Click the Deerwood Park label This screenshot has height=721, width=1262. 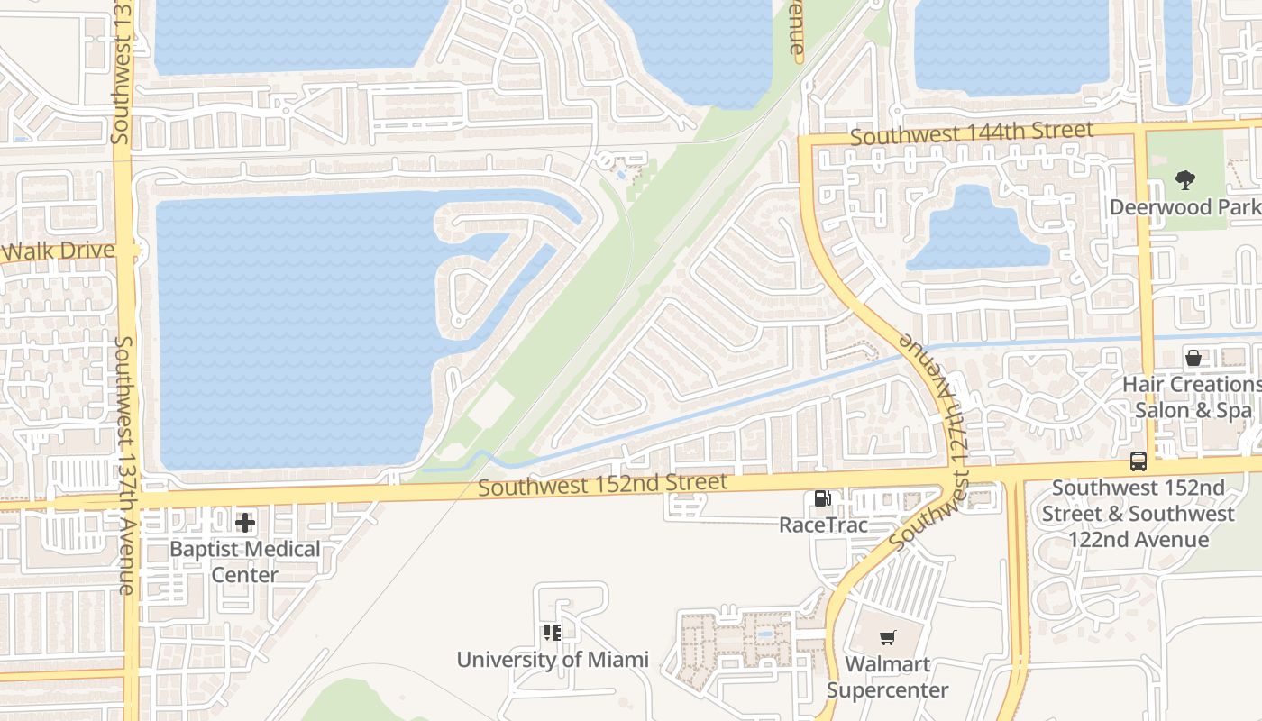[x=1184, y=206]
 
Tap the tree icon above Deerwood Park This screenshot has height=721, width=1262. [x=1184, y=181]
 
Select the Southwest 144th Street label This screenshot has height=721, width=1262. [x=972, y=133]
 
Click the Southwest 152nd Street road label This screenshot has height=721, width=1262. [x=602, y=484]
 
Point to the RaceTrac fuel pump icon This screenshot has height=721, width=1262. [x=822, y=498]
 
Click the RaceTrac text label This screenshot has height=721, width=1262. [x=823, y=525]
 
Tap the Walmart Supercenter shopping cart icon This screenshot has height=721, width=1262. [x=887, y=638]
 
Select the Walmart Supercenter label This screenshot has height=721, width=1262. [x=887, y=678]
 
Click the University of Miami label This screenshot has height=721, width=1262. [x=552, y=660]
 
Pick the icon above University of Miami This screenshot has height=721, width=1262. [x=552, y=633]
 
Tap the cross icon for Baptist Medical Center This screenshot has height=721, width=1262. [x=244, y=523]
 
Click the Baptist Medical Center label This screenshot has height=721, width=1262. [x=244, y=561]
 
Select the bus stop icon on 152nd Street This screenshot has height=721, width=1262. [x=1139, y=461]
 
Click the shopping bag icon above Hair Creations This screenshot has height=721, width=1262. [x=1193, y=358]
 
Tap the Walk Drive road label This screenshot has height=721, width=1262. [x=58, y=251]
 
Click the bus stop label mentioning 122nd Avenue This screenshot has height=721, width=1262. [x=1138, y=514]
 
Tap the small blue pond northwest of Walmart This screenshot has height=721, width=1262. [x=764, y=634]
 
